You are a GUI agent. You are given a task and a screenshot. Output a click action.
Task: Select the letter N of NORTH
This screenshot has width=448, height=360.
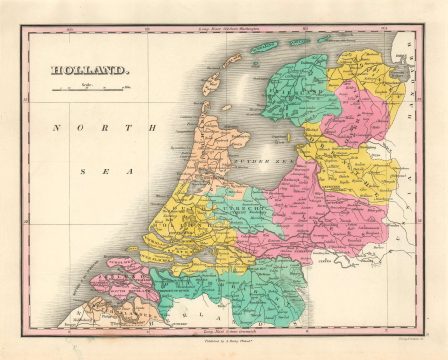click(58, 128)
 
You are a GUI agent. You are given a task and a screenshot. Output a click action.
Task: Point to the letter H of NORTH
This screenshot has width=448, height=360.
click(153, 128)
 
